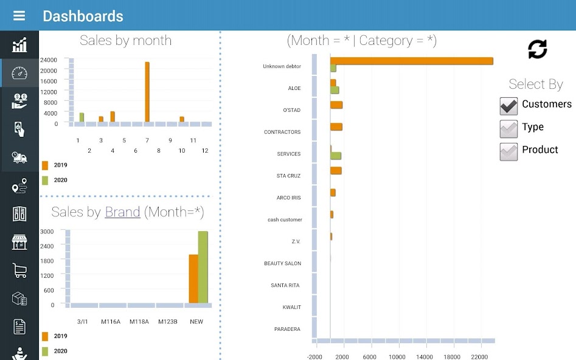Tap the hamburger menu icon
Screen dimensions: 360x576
(19, 16)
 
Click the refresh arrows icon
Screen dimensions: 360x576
(537, 49)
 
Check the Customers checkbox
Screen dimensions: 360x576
(508, 106)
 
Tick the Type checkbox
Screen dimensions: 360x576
(508, 128)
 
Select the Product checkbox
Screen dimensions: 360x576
(508, 151)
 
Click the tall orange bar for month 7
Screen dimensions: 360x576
(147, 91)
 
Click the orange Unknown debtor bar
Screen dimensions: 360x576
(411, 61)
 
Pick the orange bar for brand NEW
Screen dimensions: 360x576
(193, 278)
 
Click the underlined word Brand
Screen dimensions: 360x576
(122, 212)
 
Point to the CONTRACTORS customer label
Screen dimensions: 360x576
(282, 132)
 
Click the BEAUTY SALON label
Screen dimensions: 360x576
(282, 263)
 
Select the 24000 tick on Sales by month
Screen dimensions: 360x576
(49, 60)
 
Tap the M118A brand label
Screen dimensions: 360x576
(139, 321)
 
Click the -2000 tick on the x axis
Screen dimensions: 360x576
(315, 357)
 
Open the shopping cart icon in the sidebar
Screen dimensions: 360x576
(19, 271)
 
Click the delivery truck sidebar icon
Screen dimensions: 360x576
(19, 157)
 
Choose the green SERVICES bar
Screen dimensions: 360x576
(336, 156)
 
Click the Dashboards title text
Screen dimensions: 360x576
(83, 16)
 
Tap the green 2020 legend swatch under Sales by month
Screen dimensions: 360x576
(45, 180)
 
